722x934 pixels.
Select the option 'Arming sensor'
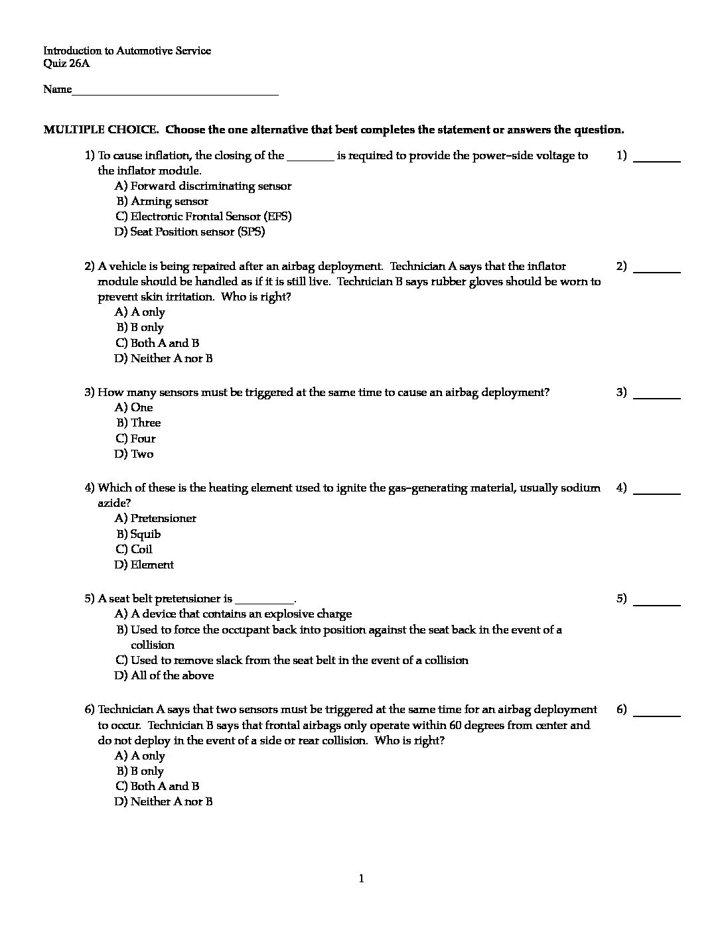pos(169,201)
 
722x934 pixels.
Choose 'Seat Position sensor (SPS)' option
pos(197,232)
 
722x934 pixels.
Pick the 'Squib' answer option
pos(145,534)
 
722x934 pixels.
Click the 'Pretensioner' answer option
pos(163,518)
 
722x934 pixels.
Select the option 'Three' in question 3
pos(145,423)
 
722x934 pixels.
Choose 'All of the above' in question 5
pos(172,675)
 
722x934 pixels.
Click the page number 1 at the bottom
pos(361,879)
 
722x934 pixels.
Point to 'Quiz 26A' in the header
pos(66,64)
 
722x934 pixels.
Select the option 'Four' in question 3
pos(143,438)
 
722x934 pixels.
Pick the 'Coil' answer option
pos(141,549)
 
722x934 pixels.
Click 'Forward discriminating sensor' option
pos(210,186)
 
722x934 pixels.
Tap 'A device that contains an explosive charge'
pos(241,614)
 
